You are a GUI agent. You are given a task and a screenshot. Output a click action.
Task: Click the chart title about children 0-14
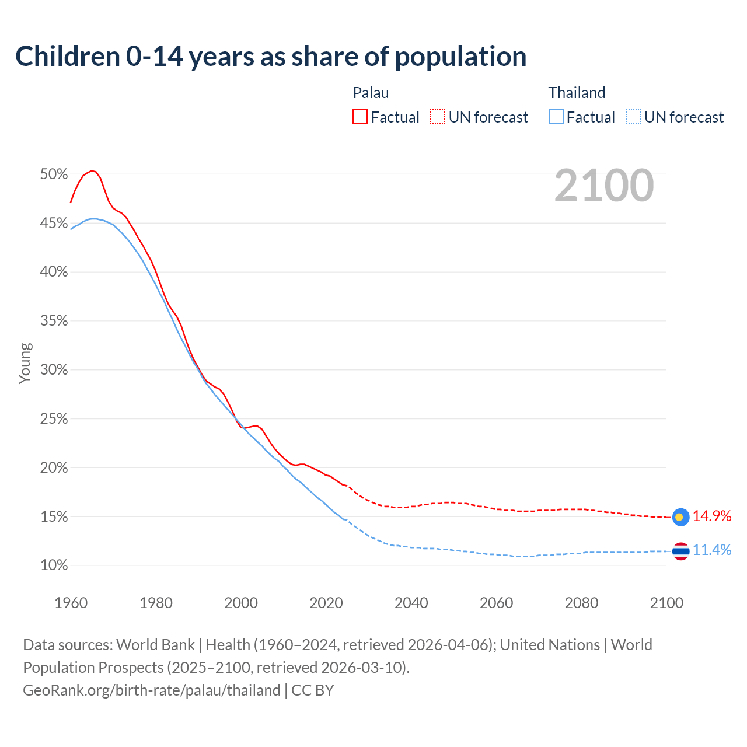click(271, 57)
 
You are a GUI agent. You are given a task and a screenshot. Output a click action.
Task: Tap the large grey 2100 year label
click(603, 186)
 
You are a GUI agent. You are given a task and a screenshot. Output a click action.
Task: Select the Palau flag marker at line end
click(680, 516)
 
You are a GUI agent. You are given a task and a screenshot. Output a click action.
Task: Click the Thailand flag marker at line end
click(680, 551)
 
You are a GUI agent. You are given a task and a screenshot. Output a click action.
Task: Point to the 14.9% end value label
click(712, 516)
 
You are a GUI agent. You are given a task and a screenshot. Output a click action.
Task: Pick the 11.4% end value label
click(712, 550)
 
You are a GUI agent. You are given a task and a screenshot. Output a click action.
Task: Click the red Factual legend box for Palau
click(360, 117)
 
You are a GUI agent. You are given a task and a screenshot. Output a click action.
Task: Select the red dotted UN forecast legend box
click(438, 117)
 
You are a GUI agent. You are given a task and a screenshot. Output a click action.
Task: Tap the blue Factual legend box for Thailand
click(556, 117)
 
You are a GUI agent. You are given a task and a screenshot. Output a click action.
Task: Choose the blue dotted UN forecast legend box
click(634, 117)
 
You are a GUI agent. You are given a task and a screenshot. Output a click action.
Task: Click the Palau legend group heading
click(371, 93)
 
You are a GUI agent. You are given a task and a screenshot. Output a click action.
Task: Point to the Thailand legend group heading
click(577, 93)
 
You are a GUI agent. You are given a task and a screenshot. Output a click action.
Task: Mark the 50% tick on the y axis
click(54, 174)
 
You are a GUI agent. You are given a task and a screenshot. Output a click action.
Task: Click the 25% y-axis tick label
click(54, 419)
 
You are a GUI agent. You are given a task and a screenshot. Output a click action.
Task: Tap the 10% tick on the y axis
click(54, 566)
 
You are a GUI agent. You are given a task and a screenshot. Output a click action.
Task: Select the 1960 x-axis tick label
click(71, 603)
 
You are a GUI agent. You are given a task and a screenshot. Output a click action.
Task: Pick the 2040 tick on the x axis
click(411, 603)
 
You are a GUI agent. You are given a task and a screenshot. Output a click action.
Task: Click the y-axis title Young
click(25, 363)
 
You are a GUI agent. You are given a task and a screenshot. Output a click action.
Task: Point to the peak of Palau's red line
click(92, 170)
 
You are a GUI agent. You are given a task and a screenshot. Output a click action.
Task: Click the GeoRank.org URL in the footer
click(152, 690)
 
